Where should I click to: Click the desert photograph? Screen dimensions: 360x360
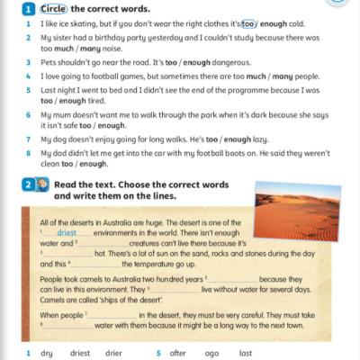tap(296, 211)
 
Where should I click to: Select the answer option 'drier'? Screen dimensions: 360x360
tap(113, 354)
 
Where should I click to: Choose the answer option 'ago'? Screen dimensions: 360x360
tap(212, 354)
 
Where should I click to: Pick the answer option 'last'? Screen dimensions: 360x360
tap(246, 354)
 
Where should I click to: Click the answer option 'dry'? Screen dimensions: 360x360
tap(47, 354)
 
